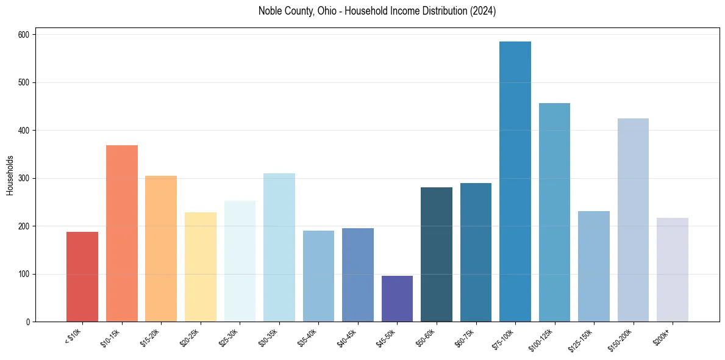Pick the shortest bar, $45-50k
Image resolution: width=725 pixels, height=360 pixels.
[x=397, y=298]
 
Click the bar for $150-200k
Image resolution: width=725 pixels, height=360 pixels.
[x=633, y=220]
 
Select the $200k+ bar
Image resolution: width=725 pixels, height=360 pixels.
[x=673, y=269]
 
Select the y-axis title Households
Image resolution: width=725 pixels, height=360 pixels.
[x=10, y=175]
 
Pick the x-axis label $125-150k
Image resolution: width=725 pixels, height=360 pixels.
[x=583, y=339]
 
